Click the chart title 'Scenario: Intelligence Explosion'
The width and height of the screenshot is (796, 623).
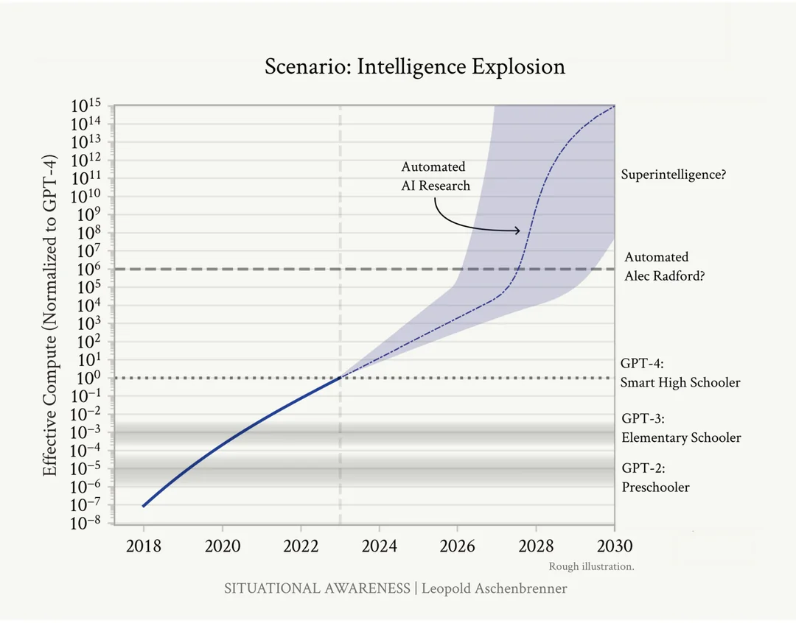coord(415,67)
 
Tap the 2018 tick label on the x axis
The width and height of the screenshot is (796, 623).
coord(144,546)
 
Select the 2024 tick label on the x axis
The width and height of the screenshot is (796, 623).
coord(379,546)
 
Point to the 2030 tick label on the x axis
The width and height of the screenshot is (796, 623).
coord(614,546)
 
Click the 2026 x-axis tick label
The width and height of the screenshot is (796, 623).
coord(457,546)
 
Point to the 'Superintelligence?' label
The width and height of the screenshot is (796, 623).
coord(674,175)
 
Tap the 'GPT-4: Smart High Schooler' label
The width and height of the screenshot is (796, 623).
coord(680,373)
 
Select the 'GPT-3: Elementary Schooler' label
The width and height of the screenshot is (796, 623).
coord(680,428)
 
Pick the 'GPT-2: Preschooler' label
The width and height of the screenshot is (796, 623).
coord(655,477)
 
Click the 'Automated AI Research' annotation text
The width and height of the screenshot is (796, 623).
coord(435,177)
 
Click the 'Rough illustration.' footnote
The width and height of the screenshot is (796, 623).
coord(591,567)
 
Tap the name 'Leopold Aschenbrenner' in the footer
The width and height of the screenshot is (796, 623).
coord(495,588)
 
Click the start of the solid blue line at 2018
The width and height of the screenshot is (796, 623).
coord(144,506)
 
